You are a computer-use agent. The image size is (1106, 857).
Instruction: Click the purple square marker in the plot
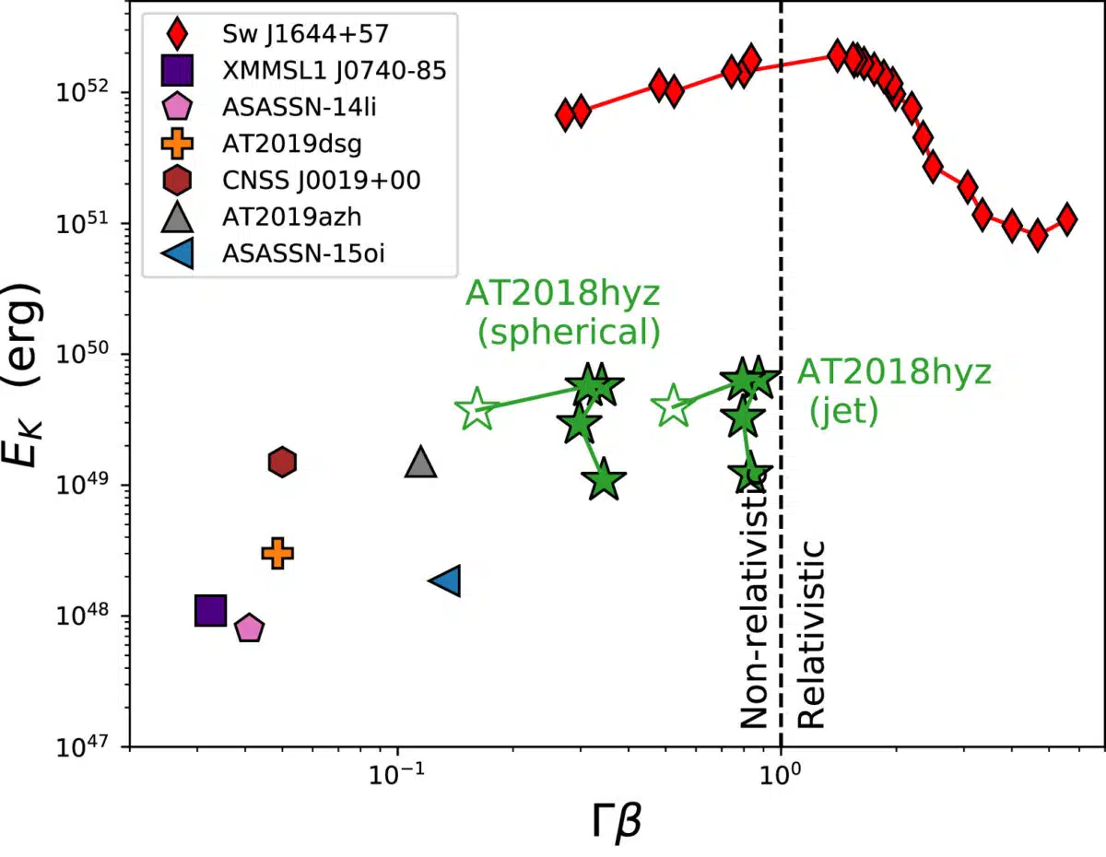(x=211, y=610)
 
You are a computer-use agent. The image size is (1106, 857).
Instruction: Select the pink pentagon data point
(x=250, y=628)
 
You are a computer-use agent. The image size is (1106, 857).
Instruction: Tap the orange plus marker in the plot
(x=277, y=553)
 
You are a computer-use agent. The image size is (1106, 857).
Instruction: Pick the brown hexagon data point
(x=282, y=462)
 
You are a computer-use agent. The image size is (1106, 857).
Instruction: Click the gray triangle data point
(x=420, y=462)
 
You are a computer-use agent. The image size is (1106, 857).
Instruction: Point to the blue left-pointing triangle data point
(x=446, y=581)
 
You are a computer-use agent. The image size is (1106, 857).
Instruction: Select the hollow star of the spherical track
(x=475, y=408)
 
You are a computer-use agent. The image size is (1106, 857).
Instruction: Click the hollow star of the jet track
(x=673, y=405)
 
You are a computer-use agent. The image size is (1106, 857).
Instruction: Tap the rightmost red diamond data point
(x=1066, y=218)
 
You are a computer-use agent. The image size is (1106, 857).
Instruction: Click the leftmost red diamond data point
(x=566, y=115)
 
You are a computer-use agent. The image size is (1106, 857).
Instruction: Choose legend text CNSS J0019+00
(x=321, y=180)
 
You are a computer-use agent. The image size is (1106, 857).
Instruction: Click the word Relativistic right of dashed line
(x=811, y=636)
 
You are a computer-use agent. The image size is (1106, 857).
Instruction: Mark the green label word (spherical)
(x=569, y=333)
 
